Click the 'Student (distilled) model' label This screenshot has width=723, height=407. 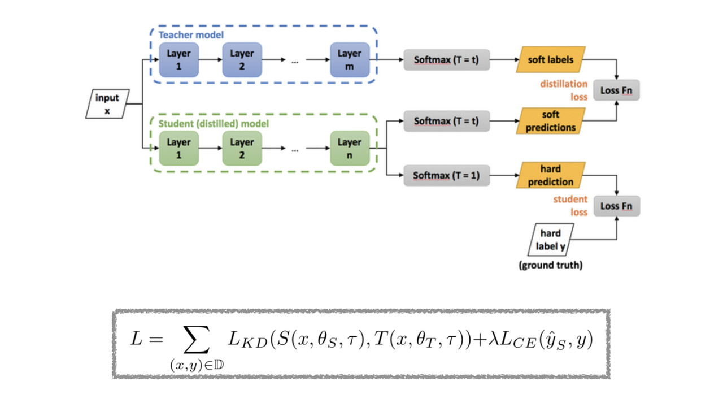click(x=214, y=123)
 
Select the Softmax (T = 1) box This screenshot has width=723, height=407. click(x=446, y=175)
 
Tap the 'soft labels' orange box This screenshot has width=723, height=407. click(x=551, y=59)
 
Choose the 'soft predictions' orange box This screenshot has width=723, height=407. click(x=551, y=121)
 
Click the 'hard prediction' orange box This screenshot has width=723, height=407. click(x=551, y=175)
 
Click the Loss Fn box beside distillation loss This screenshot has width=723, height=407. click(x=616, y=90)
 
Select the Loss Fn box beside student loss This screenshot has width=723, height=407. click(x=616, y=206)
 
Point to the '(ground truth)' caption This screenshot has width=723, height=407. click(x=551, y=265)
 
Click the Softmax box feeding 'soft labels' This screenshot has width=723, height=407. click(x=446, y=59)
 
